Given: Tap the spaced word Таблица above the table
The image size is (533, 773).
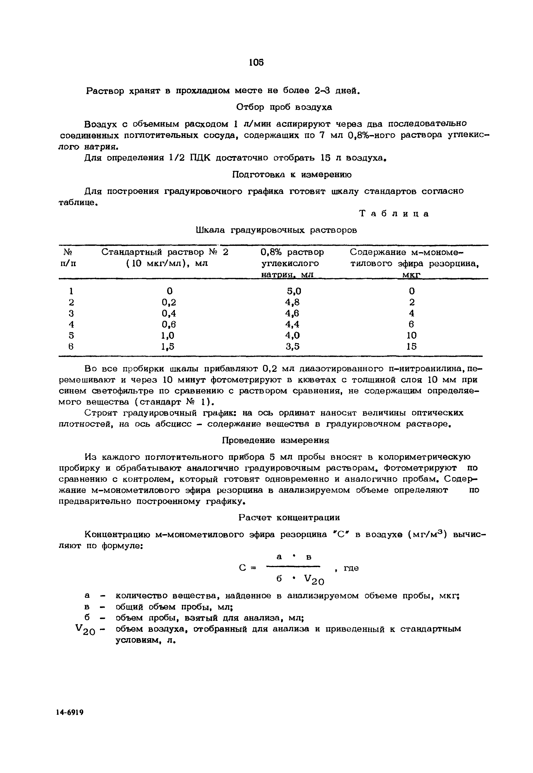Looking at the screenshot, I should (x=394, y=214).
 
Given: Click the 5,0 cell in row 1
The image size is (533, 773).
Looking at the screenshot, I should (x=294, y=291).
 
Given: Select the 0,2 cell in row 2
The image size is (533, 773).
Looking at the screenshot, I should (x=169, y=302).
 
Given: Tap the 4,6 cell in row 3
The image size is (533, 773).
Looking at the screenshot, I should (x=292, y=313).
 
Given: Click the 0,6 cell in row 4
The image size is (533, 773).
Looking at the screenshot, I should (x=169, y=324).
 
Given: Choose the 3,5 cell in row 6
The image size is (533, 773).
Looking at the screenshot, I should (x=293, y=347).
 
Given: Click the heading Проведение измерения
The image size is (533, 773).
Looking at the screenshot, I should (x=275, y=440).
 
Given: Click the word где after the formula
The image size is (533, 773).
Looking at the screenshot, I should (x=351, y=568).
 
